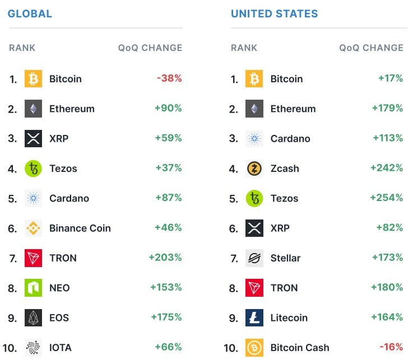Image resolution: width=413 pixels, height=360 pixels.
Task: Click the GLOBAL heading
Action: coord(30,13)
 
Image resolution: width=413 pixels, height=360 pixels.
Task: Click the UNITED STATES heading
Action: coord(274,13)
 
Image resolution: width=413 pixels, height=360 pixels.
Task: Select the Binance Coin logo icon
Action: coord(33,228)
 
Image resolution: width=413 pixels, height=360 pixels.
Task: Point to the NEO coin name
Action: coord(59,288)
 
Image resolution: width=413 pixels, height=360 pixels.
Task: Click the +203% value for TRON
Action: coord(165,258)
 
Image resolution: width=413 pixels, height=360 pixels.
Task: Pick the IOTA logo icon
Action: coord(33,347)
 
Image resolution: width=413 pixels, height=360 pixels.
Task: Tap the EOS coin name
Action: coord(59,317)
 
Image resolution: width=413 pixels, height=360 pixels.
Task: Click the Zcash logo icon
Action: coord(254,169)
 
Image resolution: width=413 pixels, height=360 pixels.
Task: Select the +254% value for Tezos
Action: coord(386,198)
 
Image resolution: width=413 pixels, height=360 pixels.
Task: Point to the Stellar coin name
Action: coord(285,258)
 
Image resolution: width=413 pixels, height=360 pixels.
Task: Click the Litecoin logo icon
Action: coord(254,317)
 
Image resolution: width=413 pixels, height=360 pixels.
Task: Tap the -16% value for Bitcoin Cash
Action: coord(390,347)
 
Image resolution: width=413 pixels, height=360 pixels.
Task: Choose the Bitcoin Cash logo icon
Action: coord(254,348)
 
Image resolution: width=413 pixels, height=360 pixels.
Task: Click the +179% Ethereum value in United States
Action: coord(387,108)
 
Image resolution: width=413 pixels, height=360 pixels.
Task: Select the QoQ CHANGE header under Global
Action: coord(150,48)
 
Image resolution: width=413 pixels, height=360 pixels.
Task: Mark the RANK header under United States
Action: coord(244,48)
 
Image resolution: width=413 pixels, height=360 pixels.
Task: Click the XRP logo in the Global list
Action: coord(33,138)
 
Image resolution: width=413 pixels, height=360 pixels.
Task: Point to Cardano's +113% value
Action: coord(388,138)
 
